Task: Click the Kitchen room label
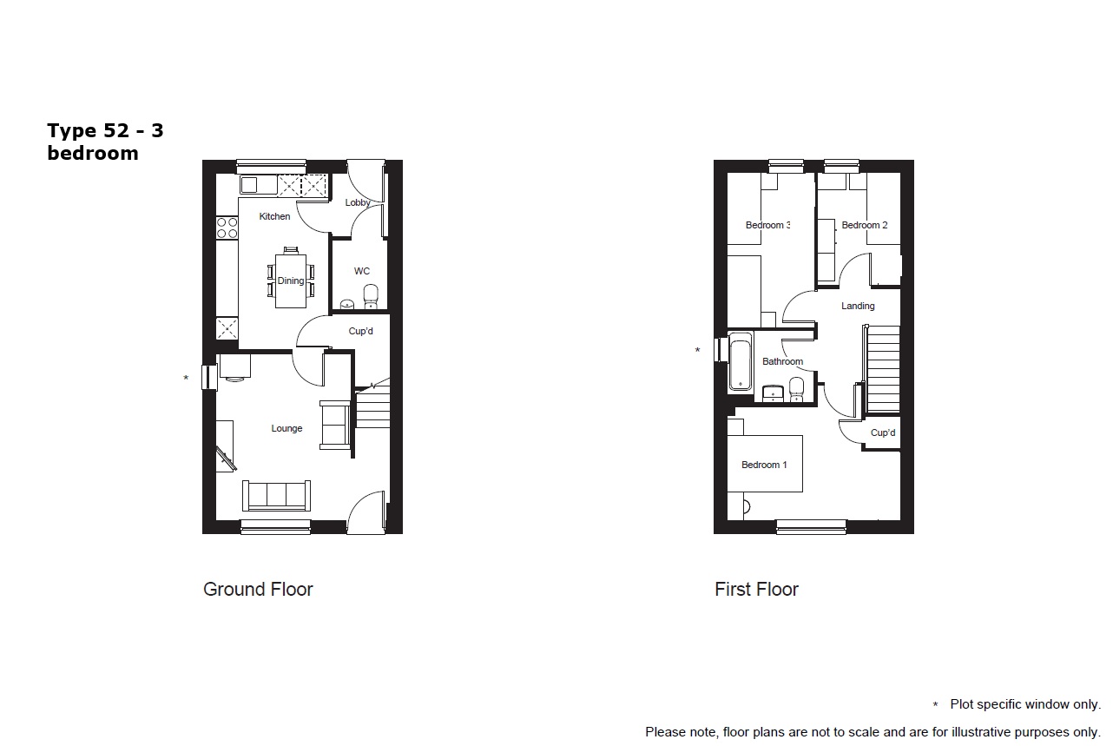pyautogui.click(x=274, y=217)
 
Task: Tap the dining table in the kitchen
pyautogui.click(x=291, y=281)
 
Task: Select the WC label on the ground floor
pyautogui.click(x=362, y=271)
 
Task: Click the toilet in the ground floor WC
pyautogui.click(x=371, y=296)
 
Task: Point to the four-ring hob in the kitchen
pyautogui.click(x=227, y=228)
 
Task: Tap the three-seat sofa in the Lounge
pyautogui.click(x=276, y=496)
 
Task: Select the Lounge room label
pyautogui.click(x=286, y=428)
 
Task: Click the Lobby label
pyautogui.click(x=358, y=202)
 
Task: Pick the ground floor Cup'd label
pyautogui.click(x=361, y=331)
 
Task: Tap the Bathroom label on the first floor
pyautogui.click(x=782, y=361)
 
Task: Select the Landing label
pyautogui.click(x=858, y=306)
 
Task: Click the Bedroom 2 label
pyautogui.click(x=865, y=225)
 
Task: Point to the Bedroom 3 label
pyautogui.click(x=767, y=225)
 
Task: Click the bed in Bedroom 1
pyautogui.click(x=765, y=464)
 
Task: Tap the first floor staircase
pyautogui.click(x=883, y=369)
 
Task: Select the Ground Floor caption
pyautogui.click(x=258, y=590)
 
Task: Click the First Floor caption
pyautogui.click(x=756, y=590)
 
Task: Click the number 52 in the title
pyautogui.click(x=116, y=131)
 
